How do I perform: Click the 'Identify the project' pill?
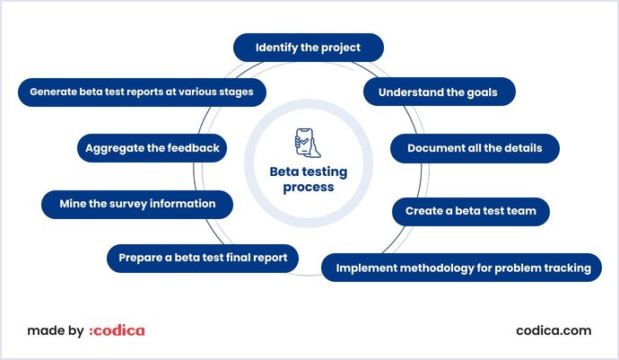309,48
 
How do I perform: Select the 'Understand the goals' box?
440,92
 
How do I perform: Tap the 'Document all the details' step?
475,148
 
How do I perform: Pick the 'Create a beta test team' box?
471,211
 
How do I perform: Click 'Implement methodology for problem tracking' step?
461,268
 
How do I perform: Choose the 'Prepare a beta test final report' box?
203,258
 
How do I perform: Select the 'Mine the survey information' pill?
137,205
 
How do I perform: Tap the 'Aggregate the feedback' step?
152,148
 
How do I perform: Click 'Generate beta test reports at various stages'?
142,92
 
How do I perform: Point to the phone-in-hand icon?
308,143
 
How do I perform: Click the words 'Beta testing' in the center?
309,171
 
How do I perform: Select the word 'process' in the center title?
309,188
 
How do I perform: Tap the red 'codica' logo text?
117,330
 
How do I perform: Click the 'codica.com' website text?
554,330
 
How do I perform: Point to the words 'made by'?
56,330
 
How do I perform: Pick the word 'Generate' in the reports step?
53,92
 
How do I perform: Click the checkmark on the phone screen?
304,141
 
